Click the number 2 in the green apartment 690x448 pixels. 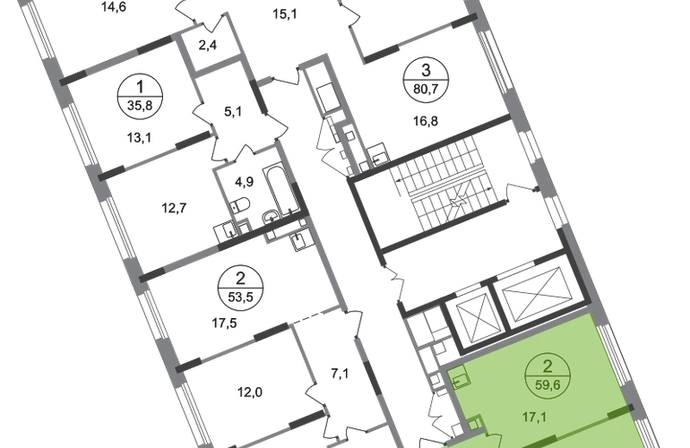click(546, 366)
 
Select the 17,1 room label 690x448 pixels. click(539, 415)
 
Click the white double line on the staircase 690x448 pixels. click(447, 184)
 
